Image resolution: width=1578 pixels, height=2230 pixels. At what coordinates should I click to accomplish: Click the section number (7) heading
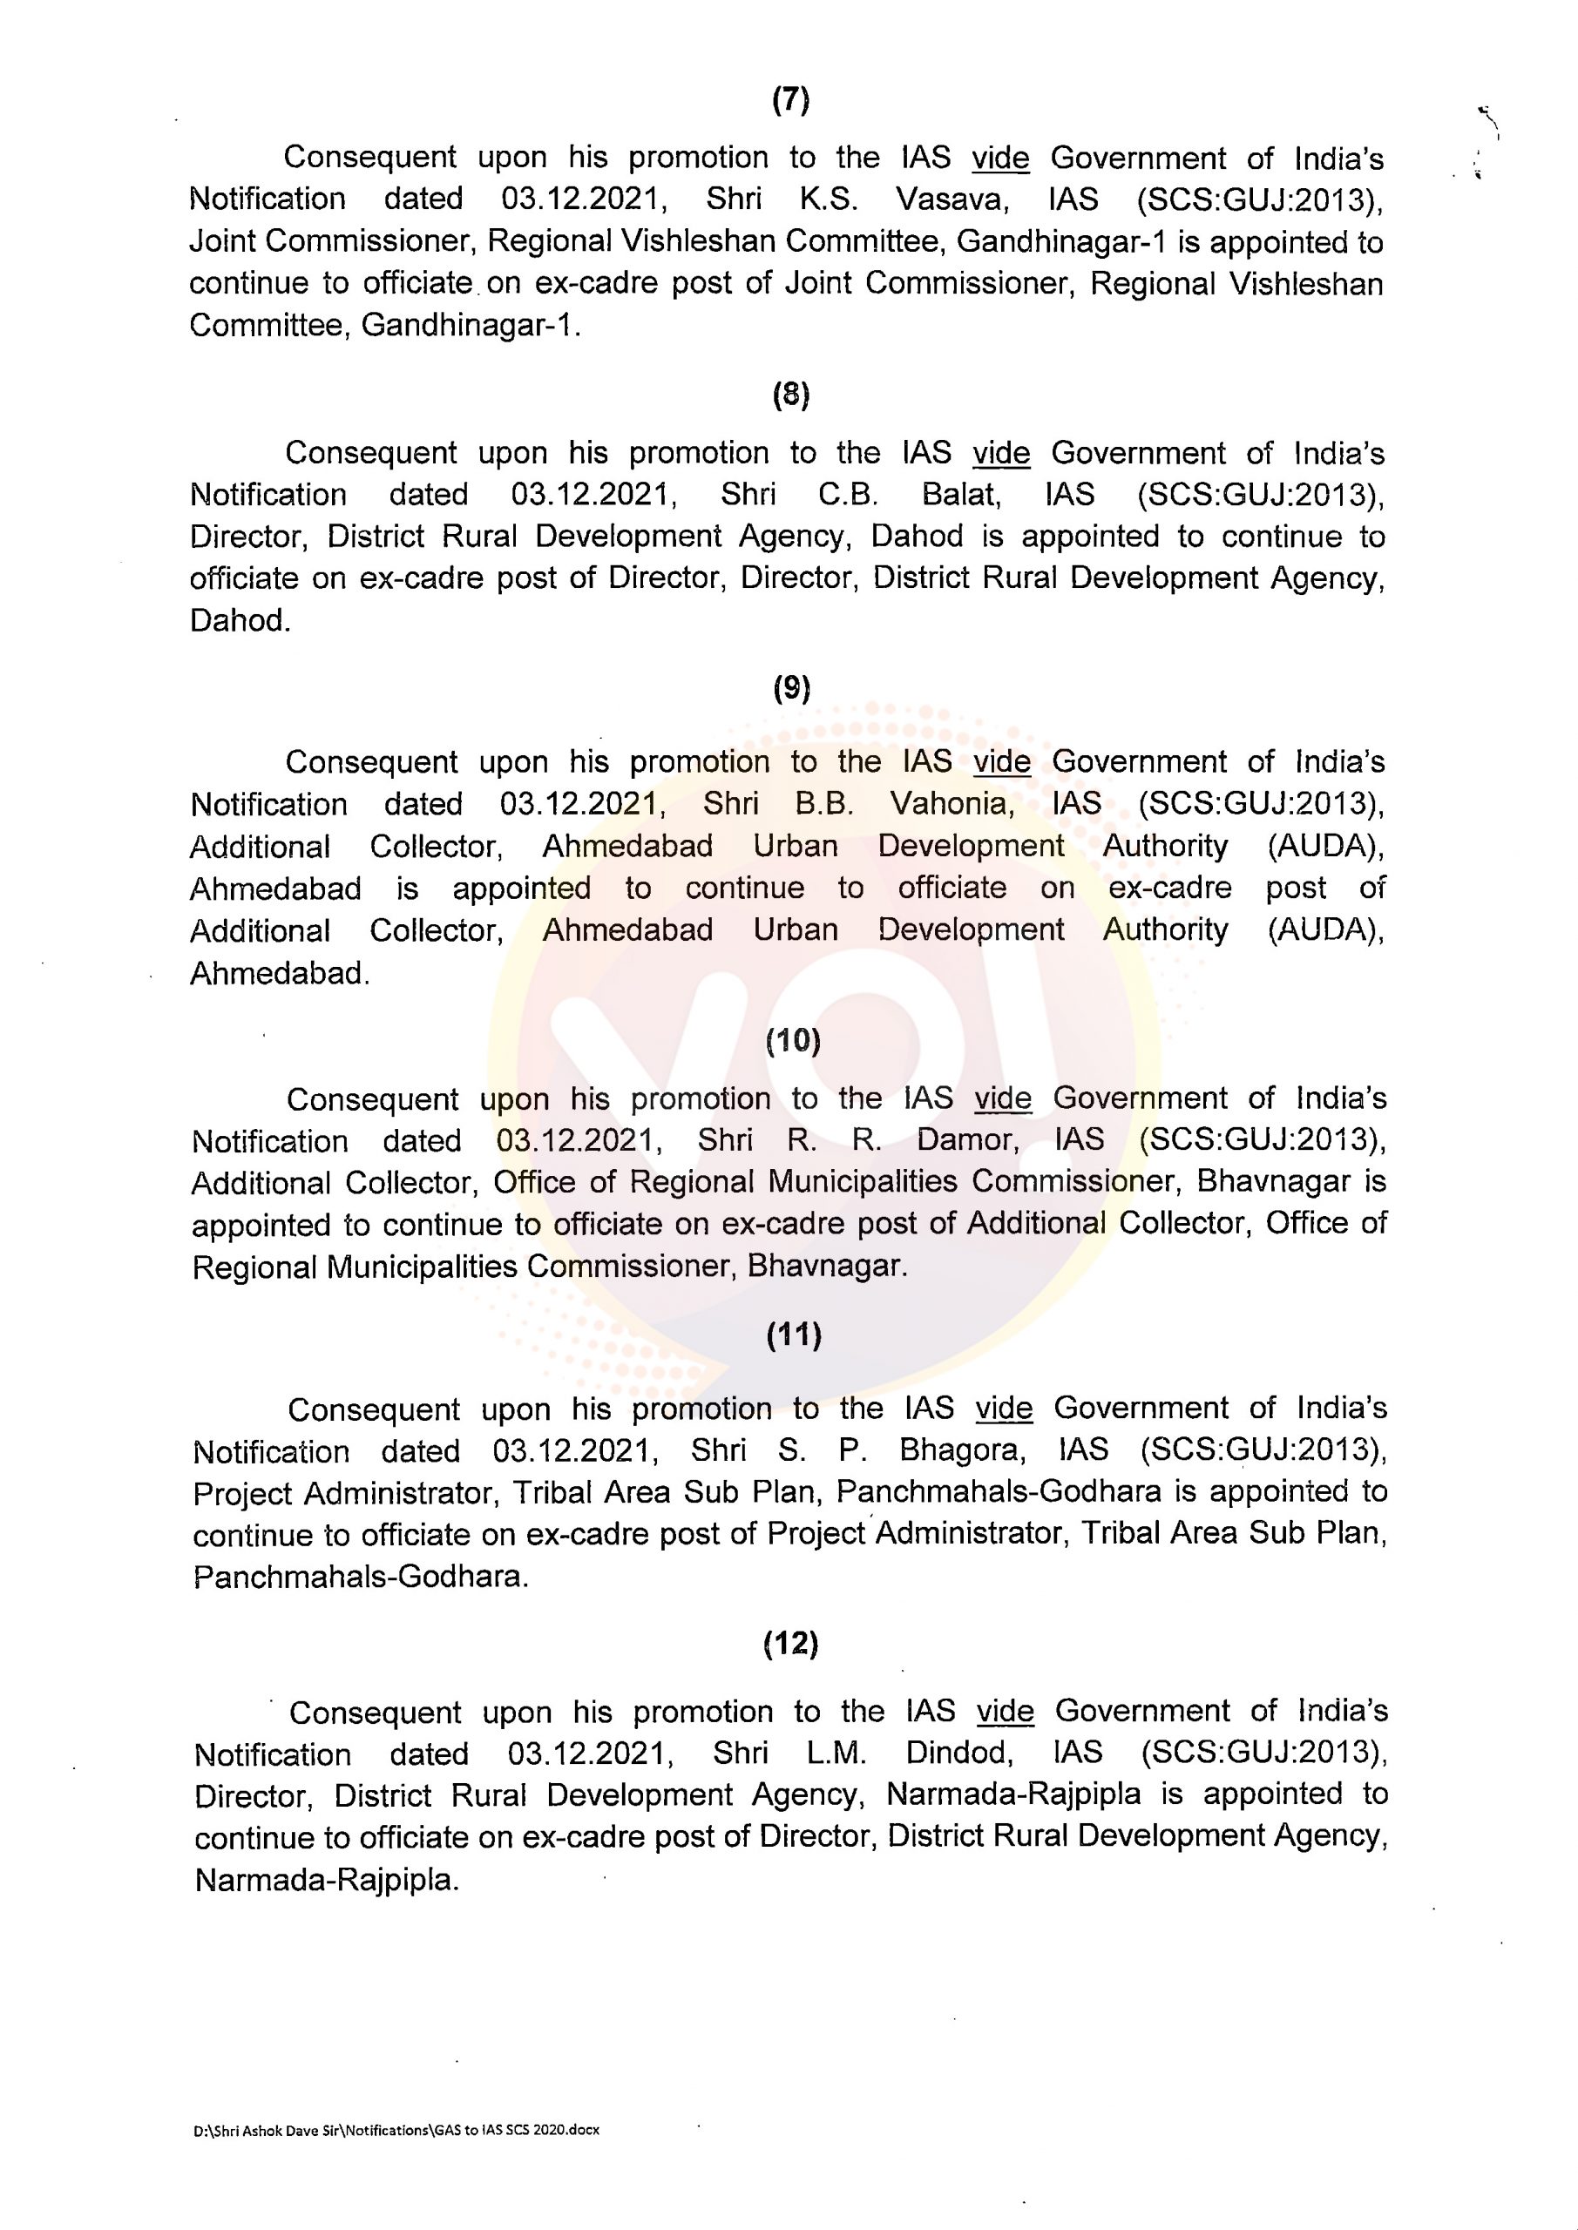tap(790, 100)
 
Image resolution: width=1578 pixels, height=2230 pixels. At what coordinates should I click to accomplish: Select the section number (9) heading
tap(791, 689)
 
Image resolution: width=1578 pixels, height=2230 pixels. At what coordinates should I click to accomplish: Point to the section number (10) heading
tap(793, 1040)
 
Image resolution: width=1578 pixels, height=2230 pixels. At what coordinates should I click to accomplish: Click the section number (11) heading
tap(794, 1335)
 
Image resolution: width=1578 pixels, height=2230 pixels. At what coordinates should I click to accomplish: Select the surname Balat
tap(960, 495)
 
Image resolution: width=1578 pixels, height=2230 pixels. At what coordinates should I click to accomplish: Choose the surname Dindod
tap(955, 1754)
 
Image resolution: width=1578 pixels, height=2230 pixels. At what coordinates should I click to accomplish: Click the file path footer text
tap(396, 2130)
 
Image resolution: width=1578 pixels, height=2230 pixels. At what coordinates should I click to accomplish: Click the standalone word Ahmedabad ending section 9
tap(279, 973)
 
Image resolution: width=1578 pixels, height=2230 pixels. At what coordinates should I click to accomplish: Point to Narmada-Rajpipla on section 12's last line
tap(326, 1881)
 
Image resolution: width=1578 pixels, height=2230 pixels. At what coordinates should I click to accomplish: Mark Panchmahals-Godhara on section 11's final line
tap(361, 1577)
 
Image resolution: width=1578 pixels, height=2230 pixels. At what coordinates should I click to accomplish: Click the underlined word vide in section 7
tap(999, 158)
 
